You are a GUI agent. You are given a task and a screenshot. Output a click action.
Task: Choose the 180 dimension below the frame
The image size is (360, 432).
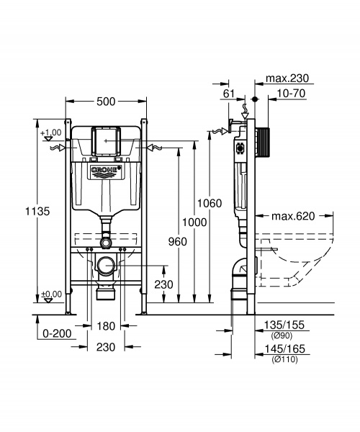click(x=106, y=327)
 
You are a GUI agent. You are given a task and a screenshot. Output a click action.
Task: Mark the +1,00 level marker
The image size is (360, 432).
click(x=51, y=133)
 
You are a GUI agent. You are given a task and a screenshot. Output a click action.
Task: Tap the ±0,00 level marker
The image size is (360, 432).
click(x=50, y=294)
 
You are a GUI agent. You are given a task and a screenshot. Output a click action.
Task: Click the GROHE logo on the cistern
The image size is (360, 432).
click(x=106, y=171)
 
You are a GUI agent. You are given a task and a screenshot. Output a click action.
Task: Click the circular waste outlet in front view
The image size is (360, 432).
click(x=106, y=264)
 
